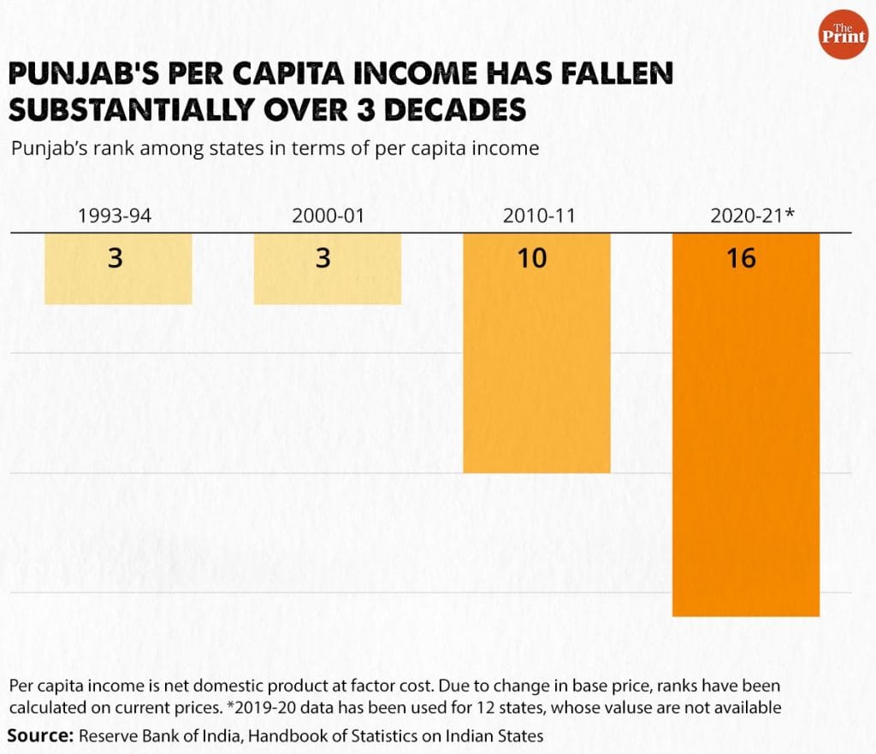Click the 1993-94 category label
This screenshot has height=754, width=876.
click(x=114, y=216)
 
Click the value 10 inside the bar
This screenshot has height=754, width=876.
click(x=532, y=257)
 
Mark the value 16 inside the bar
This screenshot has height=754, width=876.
click(x=741, y=257)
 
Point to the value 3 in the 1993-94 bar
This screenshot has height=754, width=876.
click(x=115, y=257)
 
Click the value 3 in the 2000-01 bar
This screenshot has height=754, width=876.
click(x=323, y=257)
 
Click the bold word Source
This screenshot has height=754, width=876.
click(x=40, y=735)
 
